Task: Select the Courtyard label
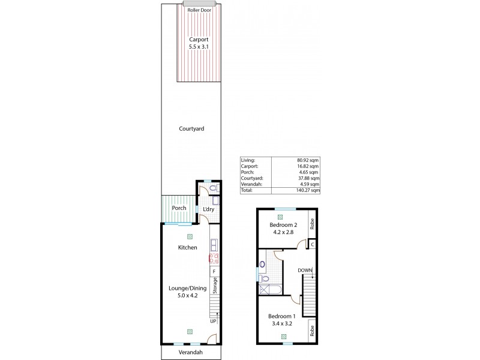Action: (x=191, y=128)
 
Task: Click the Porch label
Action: (x=179, y=208)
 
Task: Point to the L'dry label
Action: (x=208, y=209)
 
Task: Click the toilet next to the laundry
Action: (x=215, y=188)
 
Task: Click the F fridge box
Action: (x=213, y=272)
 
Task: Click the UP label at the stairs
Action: (x=213, y=321)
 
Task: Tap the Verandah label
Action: (x=191, y=353)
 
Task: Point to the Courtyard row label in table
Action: (x=252, y=178)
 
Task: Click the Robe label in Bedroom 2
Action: (x=312, y=224)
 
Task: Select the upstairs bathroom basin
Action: (x=262, y=264)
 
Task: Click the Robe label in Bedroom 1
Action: (x=312, y=329)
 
